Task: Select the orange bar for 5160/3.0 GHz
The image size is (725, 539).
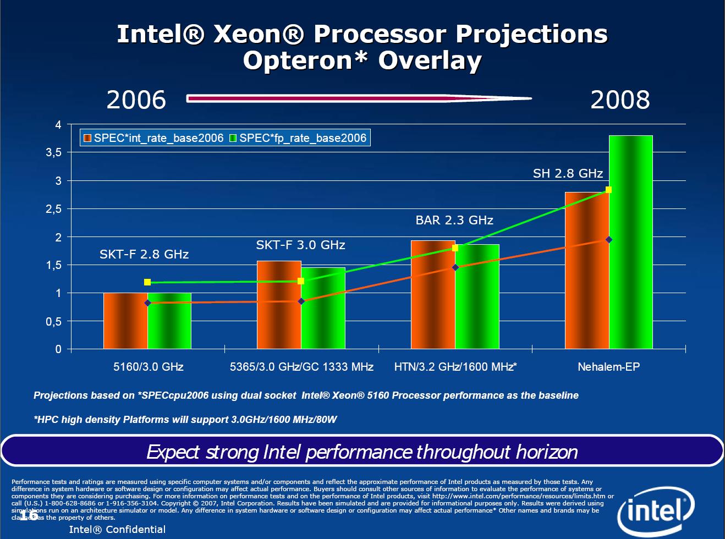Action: click(x=125, y=321)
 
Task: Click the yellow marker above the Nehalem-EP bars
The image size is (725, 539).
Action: click(x=608, y=190)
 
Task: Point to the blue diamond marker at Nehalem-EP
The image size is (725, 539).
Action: click(x=609, y=240)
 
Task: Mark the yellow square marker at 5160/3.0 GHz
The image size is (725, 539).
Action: click(x=147, y=282)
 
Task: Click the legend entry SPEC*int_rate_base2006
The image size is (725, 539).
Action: click(x=153, y=138)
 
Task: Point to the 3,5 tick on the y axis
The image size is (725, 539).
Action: click(x=54, y=153)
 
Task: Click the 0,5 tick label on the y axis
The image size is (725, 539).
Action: click(x=54, y=322)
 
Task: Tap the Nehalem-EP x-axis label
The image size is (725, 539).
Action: click(x=608, y=367)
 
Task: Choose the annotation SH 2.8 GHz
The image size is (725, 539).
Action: click(x=568, y=173)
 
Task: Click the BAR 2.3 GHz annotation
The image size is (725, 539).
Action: click(x=454, y=220)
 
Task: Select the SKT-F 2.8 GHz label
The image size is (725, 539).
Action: click(x=144, y=254)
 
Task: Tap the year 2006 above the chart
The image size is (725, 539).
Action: click(x=136, y=100)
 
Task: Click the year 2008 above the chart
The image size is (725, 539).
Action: click(x=620, y=100)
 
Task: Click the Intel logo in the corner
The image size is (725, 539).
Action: click(x=656, y=512)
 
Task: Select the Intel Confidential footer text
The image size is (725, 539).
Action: click(x=117, y=529)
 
